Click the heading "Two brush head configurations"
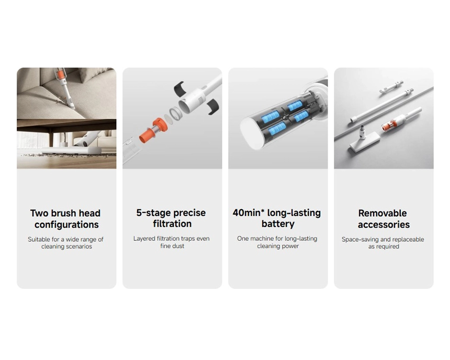point(66,219)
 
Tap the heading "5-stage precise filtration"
point(171,218)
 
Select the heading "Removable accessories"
point(384,219)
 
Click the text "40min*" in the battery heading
point(249,213)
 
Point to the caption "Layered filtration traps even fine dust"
point(172,242)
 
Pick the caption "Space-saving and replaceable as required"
point(383,243)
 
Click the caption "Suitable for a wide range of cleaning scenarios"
point(66,243)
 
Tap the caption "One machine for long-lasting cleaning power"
point(277,242)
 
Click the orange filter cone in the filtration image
point(153,130)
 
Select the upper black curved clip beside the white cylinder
point(179,88)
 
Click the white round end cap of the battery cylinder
point(253,133)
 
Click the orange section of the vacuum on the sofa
point(60,75)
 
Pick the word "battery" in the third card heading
point(278,223)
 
